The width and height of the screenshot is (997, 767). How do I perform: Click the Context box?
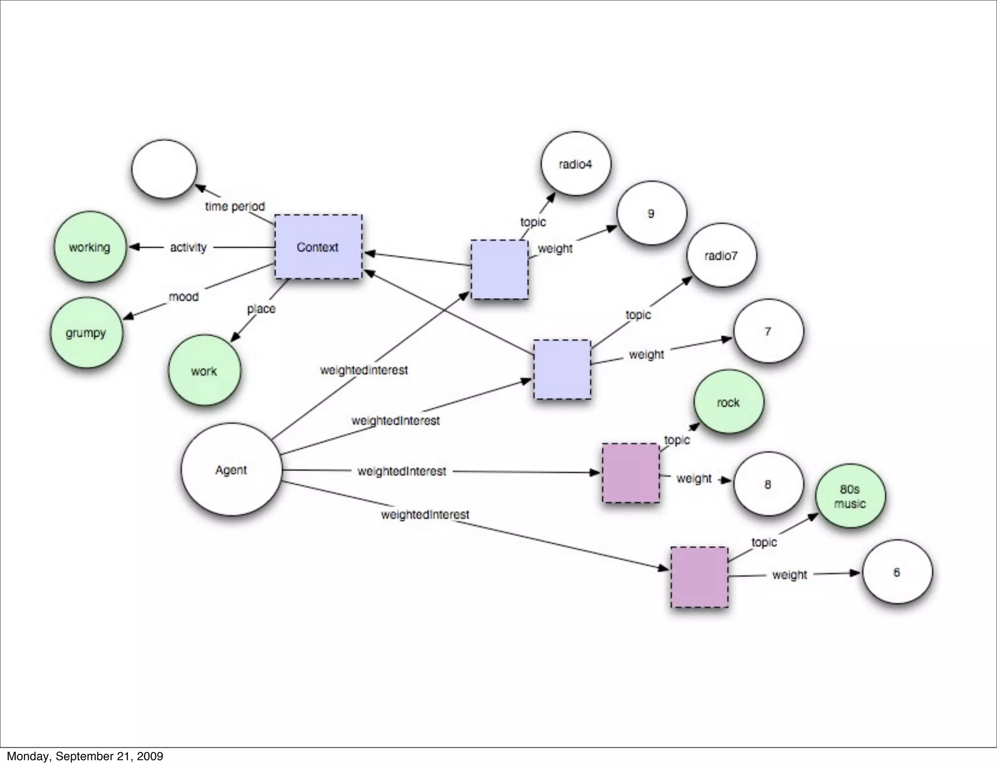click(318, 247)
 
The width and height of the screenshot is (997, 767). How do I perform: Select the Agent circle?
click(231, 470)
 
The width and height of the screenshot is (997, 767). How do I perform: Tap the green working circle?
click(90, 247)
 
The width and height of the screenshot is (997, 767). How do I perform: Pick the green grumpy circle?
click(86, 333)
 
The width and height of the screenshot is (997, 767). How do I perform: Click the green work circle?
click(204, 370)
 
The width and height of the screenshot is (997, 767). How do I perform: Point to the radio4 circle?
click(575, 164)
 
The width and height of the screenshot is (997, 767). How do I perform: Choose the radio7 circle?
click(721, 256)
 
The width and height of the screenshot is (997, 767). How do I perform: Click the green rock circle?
click(728, 402)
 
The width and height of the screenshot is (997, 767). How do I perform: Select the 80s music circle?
click(850, 496)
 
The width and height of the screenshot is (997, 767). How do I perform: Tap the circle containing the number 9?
click(651, 213)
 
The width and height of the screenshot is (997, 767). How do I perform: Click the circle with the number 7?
click(768, 331)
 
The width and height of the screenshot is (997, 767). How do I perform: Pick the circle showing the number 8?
click(768, 484)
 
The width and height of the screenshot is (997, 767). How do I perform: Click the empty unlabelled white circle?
click(164, 169)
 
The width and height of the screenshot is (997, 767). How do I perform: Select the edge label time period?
click(235, 206)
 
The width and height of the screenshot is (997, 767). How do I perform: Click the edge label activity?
click(188, 247)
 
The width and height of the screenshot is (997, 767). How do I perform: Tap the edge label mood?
click(184, 296)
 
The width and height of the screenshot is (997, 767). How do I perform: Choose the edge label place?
click(261, 309)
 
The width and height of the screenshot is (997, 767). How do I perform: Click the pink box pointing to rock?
click(631, 473)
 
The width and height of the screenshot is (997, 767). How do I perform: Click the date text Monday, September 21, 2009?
click(85, 756)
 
